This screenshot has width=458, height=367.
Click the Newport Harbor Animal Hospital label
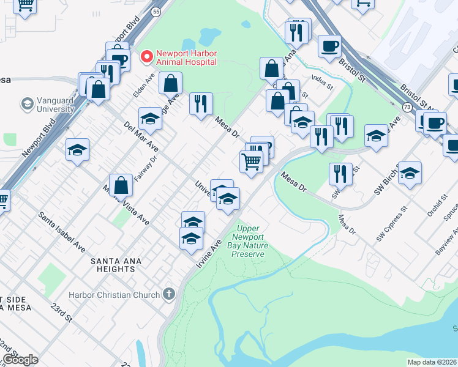tap(186, 57)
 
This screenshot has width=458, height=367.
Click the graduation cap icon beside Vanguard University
tap(27, 104)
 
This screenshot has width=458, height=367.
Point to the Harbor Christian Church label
tap(118, 295)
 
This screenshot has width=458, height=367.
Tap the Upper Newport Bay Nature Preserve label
tap(250, 242)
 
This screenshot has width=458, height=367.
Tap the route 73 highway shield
tap(407, 107)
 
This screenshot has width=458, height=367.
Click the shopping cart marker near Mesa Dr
tap(251, 162)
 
